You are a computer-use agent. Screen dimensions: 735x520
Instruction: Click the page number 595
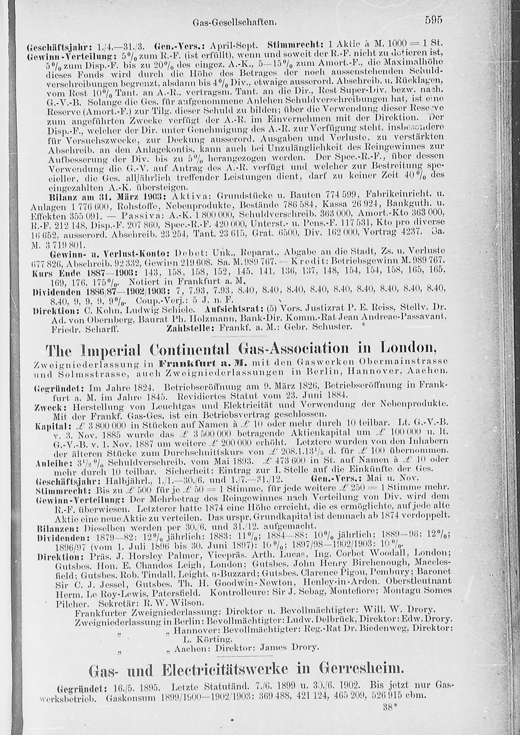click(x=433, y=21)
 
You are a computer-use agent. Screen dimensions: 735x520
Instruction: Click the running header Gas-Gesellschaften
click(x=241, y=23)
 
